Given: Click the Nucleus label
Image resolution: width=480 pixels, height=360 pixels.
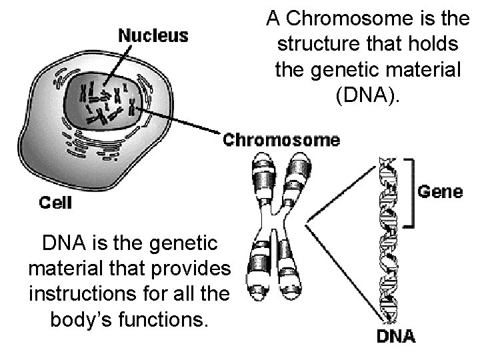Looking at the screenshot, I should (153, 35).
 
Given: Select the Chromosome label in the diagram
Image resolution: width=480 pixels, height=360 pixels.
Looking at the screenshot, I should (281, 141).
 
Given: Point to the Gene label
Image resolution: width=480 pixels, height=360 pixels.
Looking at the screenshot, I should (440, 192).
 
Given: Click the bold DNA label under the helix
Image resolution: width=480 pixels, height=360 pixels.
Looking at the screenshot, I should (395, 336).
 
